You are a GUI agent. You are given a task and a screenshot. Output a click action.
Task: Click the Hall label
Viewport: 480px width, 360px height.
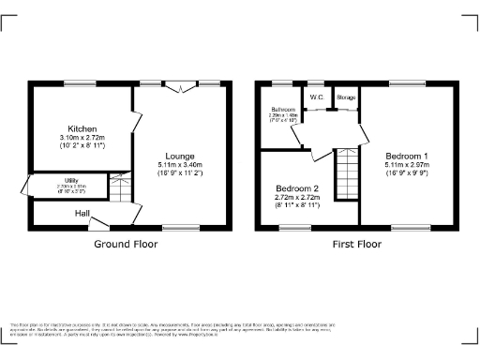tap(83, 214)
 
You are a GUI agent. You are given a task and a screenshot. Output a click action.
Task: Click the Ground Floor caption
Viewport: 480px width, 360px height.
tap(126, 244)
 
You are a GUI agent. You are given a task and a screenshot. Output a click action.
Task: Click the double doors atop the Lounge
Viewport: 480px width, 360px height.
tap(181, 86)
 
